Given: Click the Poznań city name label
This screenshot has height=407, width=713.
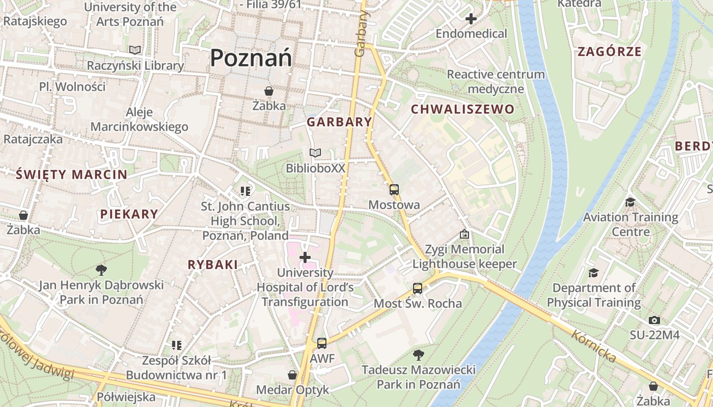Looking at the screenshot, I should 251,57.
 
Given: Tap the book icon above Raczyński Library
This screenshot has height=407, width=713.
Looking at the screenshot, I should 134,50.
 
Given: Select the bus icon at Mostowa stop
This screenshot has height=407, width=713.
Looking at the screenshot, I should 394,190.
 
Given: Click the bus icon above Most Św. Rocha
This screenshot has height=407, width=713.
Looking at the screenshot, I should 418,288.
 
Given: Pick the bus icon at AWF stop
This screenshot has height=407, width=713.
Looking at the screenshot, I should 322,343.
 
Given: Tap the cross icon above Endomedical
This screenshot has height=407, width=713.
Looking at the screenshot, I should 471,19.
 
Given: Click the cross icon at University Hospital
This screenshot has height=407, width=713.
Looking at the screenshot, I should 305,257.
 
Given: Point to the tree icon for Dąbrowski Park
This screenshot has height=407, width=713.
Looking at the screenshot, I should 101,270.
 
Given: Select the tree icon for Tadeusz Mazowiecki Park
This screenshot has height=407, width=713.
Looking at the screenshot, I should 419,354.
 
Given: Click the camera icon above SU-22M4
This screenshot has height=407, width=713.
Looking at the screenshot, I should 654,320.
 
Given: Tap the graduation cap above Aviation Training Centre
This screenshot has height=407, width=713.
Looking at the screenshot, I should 630,202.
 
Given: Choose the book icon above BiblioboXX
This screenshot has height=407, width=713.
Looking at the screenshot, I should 315,153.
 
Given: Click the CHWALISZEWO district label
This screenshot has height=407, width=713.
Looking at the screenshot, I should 462,109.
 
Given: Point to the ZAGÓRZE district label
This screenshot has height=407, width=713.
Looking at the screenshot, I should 609,51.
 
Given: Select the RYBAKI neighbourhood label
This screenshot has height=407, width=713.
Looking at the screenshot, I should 213,265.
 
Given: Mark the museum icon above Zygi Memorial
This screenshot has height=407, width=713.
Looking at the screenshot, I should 464,234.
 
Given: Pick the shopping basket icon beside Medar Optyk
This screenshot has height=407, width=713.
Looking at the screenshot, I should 292,375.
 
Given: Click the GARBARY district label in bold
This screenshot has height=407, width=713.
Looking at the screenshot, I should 339,122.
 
